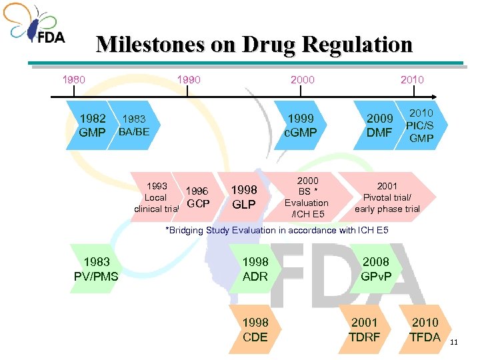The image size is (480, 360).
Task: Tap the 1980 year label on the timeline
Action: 73,80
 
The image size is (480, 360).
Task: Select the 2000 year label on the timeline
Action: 303,80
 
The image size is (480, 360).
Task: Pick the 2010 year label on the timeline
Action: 413,80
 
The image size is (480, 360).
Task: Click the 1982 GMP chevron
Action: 92,125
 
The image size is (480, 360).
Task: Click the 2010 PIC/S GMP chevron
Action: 421,125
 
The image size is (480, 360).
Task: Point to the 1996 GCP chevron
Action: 198,197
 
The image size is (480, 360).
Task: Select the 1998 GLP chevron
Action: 244,197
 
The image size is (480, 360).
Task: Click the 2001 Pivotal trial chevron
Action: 387,197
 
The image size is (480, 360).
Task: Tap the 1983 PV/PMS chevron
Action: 97,269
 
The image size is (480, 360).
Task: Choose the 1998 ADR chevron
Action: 255,269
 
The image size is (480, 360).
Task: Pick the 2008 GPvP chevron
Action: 375,269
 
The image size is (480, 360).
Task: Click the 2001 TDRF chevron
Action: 364,330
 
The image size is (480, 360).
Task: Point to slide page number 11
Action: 455,343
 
